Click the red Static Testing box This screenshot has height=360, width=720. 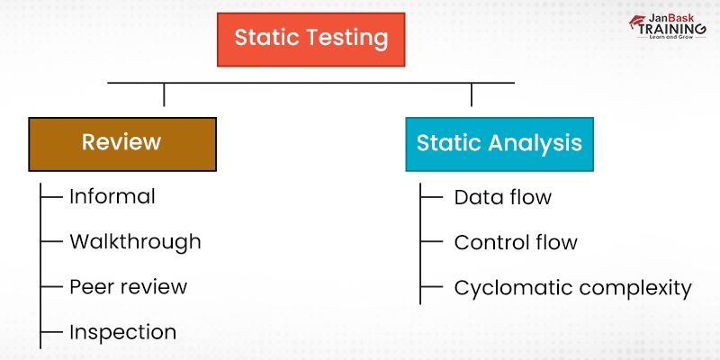pos(310,39)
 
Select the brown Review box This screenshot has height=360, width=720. pos(121,143)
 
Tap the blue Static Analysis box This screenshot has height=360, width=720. pos(499,143)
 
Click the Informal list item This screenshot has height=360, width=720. pos(112,196)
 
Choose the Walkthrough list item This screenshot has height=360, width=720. pos(135,241)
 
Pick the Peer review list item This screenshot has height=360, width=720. pos(128,286)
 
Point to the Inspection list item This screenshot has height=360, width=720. pos(122,331)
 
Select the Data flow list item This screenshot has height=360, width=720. pos(502,197)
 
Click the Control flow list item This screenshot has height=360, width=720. pos(516,242)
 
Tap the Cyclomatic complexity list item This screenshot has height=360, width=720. pos(572,288)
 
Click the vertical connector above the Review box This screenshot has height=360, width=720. pos(164,94)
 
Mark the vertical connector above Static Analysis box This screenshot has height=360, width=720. pos(472,94)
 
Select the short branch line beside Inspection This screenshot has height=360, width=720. pos(52,331)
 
